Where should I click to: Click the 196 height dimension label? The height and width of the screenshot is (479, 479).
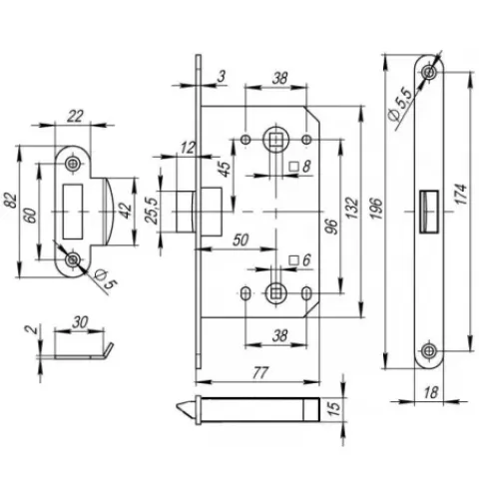(376, 209)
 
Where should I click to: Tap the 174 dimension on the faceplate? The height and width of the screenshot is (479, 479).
(462, 194)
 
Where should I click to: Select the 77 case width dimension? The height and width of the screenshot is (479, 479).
(260, 373)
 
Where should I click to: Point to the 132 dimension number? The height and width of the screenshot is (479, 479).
(352, 209)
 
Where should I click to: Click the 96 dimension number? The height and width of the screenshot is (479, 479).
(331, 227)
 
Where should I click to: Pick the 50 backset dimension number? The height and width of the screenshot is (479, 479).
(240, 240)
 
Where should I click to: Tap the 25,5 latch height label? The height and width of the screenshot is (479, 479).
(151, 211)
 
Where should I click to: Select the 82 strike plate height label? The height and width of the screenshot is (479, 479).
(11, 201)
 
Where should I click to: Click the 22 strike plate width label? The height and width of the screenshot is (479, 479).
(75, 117)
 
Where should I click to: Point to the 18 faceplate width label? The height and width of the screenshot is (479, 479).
(431, 392)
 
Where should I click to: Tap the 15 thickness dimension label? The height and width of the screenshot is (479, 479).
(335, 407)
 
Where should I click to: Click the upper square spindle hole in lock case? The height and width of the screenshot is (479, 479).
(275, 140)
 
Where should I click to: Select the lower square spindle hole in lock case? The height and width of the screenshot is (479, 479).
(275, 293)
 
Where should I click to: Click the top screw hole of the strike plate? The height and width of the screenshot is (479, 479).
(72, 163)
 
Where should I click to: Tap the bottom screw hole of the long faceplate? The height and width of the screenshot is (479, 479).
(429, 351)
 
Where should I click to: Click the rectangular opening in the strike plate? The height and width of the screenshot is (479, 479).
(72, 212)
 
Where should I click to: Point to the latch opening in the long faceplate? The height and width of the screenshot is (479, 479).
(429, 212)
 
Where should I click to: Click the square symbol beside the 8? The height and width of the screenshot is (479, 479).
(294, 166)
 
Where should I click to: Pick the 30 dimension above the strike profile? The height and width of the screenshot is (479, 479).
(80, 322)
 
